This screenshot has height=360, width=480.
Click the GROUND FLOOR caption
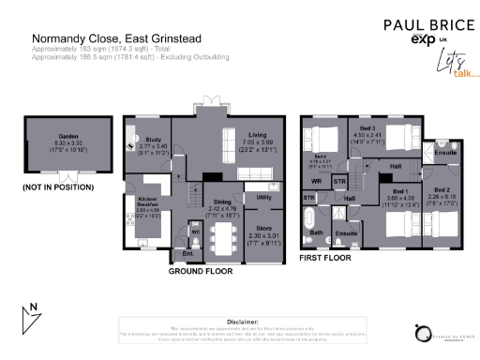[x=200, y=271]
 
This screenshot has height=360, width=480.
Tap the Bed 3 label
[x=367, y=127]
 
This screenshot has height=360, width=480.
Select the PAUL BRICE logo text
[x=419, y=25]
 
